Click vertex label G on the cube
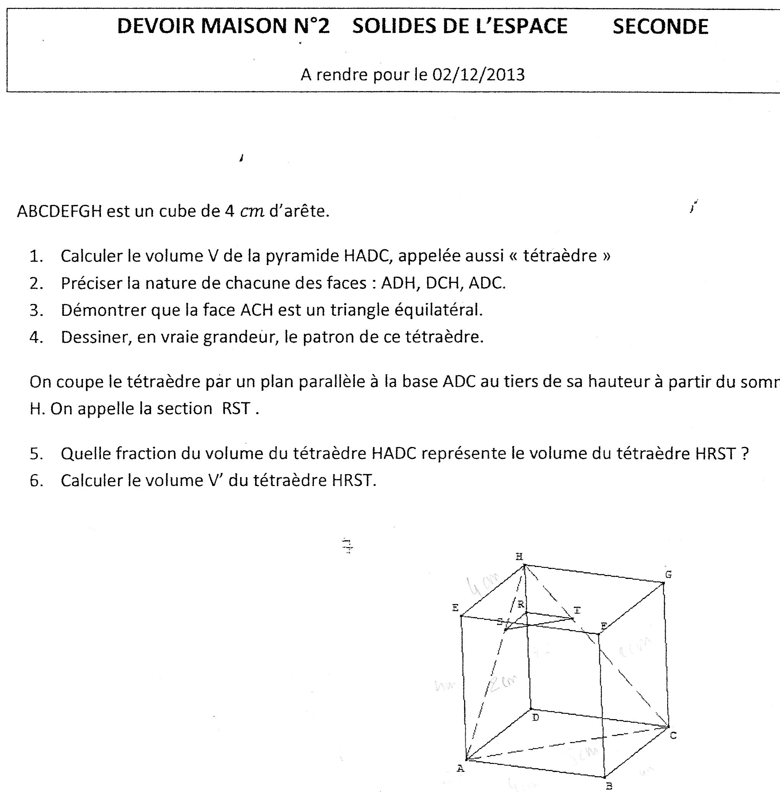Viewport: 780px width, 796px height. tap(668, 574)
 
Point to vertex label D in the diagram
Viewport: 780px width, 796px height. tap(535, 717)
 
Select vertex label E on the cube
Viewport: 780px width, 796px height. tap(455, 608)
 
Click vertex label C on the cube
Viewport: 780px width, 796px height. tap(673, 736)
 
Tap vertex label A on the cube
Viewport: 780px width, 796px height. tap(460, 768)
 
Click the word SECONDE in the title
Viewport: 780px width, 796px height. tap(660, 27)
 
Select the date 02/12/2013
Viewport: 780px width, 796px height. tap(478, 75)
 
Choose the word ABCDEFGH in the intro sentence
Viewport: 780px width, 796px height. tap(59, 211)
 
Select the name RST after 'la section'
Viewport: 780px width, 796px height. tap(236, 408)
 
